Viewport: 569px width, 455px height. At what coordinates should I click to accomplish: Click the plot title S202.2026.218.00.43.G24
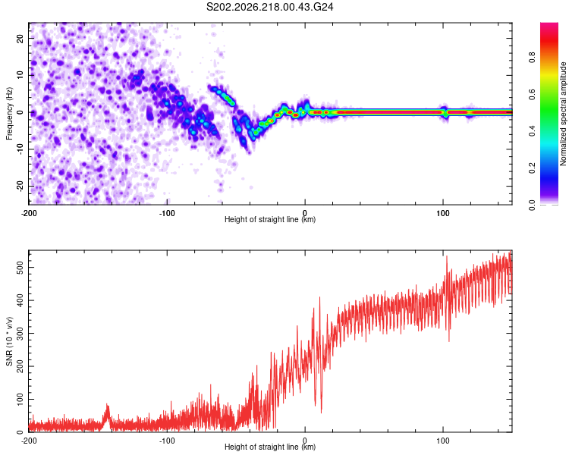click(x=269, y=7)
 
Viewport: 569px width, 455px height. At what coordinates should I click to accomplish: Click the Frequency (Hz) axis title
click(x=9, y=114)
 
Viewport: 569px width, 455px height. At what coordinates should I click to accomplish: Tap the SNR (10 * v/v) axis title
click(x=9, y=341)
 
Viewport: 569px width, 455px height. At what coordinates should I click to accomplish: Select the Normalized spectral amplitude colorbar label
click(x=563, y=114)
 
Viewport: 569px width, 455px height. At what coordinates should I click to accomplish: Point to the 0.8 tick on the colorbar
click(x=532, y=58)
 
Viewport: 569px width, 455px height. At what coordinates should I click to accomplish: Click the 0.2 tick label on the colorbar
click(x=532, y=168)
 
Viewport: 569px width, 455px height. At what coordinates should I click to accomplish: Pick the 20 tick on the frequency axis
click(x=20, y=39)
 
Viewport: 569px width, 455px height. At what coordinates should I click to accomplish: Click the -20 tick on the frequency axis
click(x=20, y=187)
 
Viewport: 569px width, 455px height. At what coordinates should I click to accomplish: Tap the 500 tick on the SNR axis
click(x=20, y=268)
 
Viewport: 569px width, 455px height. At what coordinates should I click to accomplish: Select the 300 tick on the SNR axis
click(x=20, y=334)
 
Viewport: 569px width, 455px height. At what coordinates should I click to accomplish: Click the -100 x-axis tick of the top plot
click(x=167, y=213)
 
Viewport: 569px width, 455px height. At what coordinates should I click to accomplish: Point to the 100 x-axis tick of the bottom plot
click(x=443, y=441)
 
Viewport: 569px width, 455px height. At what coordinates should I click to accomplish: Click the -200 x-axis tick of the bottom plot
click(x=29, y=441)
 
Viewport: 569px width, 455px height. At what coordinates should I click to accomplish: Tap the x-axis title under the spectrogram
click(x=270, y=219)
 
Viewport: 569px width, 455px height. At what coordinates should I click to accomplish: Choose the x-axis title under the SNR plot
click(x=270, y=447)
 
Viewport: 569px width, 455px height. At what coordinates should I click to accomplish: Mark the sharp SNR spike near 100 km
click(x=447, y=257)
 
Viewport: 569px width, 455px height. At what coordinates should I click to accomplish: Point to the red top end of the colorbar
click(x=549, y=25)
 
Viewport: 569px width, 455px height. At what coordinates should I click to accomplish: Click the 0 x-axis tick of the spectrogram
click(x=305, y=213)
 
